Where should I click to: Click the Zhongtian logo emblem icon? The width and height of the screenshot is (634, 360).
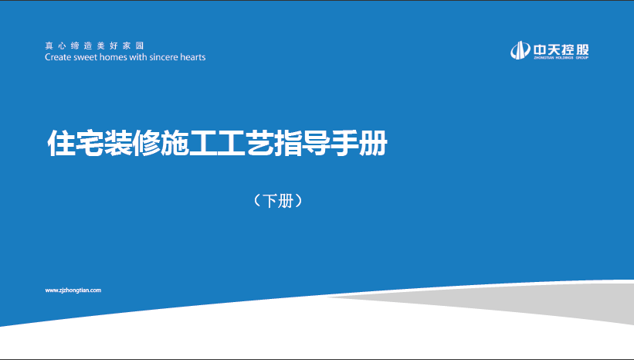pos(520,50)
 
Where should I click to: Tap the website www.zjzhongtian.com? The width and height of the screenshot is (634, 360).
pos(73,290)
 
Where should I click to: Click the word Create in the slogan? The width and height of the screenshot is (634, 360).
pos(58,57)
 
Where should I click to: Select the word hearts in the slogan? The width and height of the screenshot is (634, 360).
pos(193,57)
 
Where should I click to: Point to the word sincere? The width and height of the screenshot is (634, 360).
pos(164,57)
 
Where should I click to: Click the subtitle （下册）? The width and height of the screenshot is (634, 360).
pos(278,201)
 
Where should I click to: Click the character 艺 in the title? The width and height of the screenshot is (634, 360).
pos(259,143)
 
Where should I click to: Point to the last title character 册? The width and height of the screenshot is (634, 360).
pos(373,143)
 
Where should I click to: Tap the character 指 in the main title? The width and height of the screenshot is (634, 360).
pos(288,143)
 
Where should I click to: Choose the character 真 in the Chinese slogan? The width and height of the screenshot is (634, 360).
pos(49,46)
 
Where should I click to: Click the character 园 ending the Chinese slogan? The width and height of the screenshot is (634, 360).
pos(140,46)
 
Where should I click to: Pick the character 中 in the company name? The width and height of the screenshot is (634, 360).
pos(540,49)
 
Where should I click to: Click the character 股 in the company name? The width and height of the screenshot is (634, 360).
pos(582,49)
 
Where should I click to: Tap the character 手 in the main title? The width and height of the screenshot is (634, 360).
pos(344,143)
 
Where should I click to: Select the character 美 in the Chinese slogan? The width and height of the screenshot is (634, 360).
pos(100,46)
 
